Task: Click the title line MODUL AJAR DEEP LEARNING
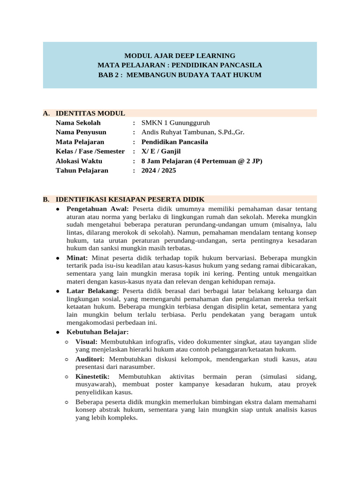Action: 180,55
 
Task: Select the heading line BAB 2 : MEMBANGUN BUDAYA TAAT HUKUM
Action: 180,75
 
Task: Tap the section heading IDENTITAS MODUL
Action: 90,113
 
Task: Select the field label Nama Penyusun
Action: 81,132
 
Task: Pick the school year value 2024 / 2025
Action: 161,170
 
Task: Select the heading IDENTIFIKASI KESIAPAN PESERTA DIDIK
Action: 130,199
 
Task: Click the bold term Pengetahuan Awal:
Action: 97,209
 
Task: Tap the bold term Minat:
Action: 77,258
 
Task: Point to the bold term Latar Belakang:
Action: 92,291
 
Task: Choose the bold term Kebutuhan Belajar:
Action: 97,332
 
